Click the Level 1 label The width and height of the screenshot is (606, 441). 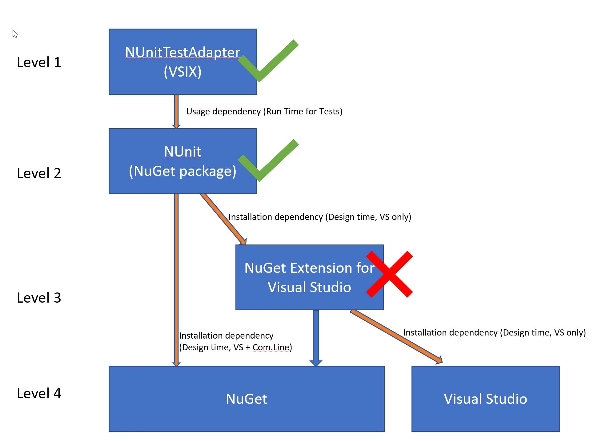39,62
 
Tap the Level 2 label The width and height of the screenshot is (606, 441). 39,173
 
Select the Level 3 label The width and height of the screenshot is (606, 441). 39,298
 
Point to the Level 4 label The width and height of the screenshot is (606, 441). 39,394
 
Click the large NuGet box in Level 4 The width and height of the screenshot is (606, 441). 247,399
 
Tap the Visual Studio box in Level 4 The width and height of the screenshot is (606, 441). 485,399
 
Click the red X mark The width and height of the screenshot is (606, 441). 389,274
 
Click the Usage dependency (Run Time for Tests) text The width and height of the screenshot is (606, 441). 264,111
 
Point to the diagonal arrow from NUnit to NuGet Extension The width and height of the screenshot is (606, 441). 223,219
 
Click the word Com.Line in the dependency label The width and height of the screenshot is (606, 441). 271,348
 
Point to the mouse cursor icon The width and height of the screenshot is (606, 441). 15,33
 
